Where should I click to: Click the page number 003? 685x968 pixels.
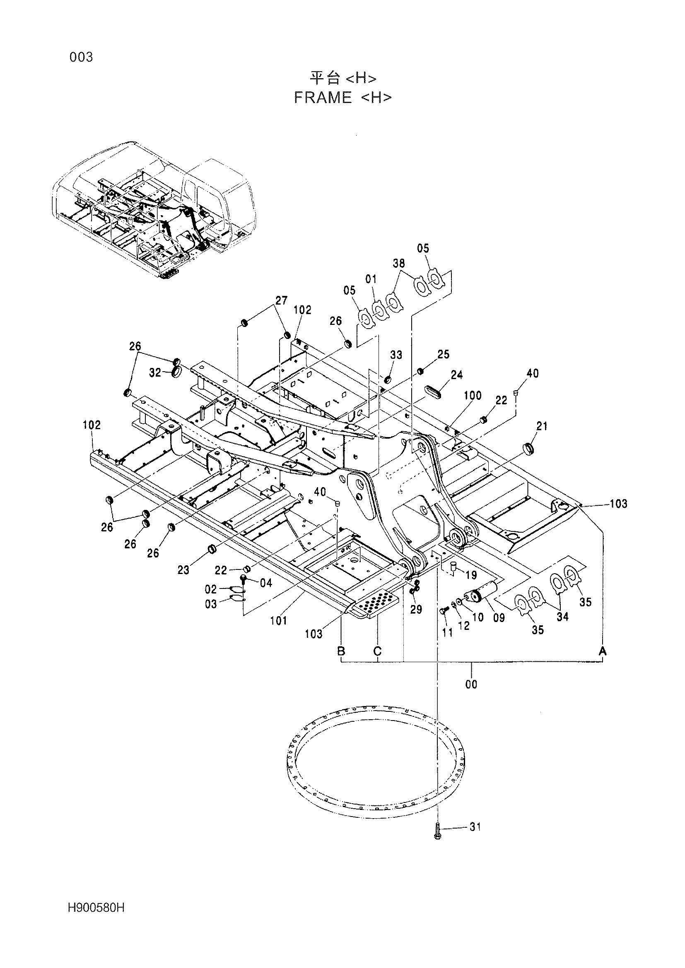coord(81,57)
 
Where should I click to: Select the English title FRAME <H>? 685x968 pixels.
coord(342,98)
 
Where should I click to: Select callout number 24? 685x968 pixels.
coord(457,375)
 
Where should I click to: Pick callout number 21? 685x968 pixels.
coord(542,426)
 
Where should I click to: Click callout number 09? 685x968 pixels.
coord(499,618)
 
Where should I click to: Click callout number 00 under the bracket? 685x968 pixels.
coord(471,684)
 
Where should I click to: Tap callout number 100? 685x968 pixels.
coord(473,396)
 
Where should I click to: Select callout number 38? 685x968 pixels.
coord(398,263)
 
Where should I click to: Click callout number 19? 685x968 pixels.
coord(471,575)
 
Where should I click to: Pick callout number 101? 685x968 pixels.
coord(278,620)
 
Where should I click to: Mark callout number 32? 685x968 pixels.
coord(155,373)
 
